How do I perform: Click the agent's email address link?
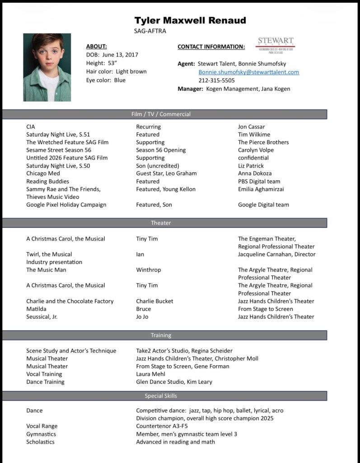pyautogui.click(x=248, y=72)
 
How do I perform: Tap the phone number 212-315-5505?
pyautogui.click(x=216, y=80)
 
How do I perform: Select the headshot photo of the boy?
pyautogui.click(x=47, y=67)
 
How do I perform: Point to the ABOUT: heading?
pyautogui.click(x=96, y=46)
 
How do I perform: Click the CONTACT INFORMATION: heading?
pyautogui.click(x=211, y=47)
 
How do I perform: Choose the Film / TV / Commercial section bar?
pyautogui.click(x=164, y=114)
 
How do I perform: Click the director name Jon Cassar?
pyautogui.click(x=251, y=127)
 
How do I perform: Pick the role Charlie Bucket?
pyautogui.click(x=154, y=301)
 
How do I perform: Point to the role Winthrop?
pyautogui.click(x=148, y=270)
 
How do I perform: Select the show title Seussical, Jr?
pyautogui.click(x=42, y=317)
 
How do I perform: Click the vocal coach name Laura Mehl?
pyautogui.click(x=150, y=374)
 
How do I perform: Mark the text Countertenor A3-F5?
pyautogui.click(x=162, y=426)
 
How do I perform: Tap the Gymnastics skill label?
pyautogui.click(x=41, y=434)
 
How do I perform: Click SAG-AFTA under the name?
pyautogui.click(x=150, y=31)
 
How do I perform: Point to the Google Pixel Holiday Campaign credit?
pyautogui.click(x=66, y=204)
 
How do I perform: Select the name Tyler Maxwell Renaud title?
pyautogui.click(x=190, y=20)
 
